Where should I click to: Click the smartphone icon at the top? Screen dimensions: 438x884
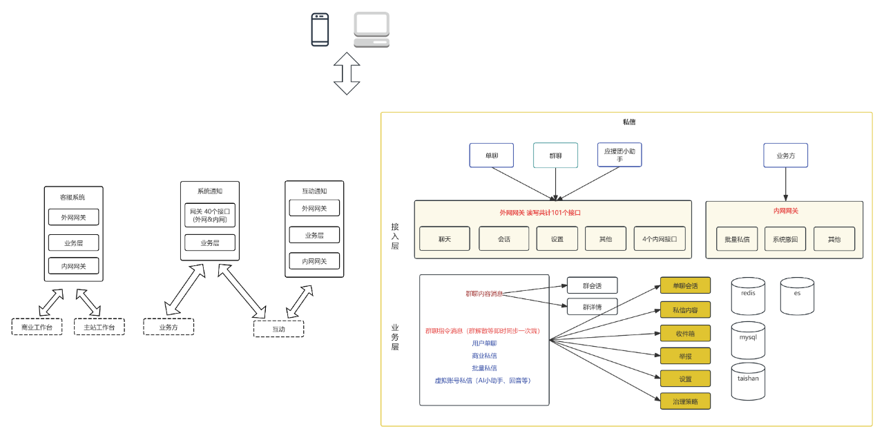(x=320, y=30)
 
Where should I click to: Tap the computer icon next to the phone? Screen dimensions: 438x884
(x=372, y=30)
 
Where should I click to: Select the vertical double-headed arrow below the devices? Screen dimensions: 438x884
(x=347, y=73)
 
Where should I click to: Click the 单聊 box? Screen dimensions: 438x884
(x=492, y=155)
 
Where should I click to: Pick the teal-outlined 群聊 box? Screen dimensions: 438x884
(x=555, y=155)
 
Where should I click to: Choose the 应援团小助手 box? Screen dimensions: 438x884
(x=619, y=155)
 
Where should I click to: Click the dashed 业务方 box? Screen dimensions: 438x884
(x=169, y=327)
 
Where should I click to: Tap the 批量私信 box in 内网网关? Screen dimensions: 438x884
(x=737, y=239)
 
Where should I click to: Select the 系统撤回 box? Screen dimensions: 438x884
(x=785, y=239)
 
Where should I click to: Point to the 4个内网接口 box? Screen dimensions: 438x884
(x=660, y=239)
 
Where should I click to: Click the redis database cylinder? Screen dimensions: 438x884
(x=748, y=296)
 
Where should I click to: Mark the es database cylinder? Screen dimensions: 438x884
(x=797, y=296)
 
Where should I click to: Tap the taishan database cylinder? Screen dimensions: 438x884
(x=748, y=381)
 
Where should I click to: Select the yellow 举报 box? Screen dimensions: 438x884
(x=685, y=356)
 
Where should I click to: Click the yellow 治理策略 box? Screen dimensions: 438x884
(x=685, y=401)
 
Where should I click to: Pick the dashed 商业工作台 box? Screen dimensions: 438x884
(x=37, y=327)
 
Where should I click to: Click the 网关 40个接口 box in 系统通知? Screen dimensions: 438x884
(x=210, y=215)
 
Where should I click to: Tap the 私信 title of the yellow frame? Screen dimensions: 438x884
(x=628, y=122)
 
